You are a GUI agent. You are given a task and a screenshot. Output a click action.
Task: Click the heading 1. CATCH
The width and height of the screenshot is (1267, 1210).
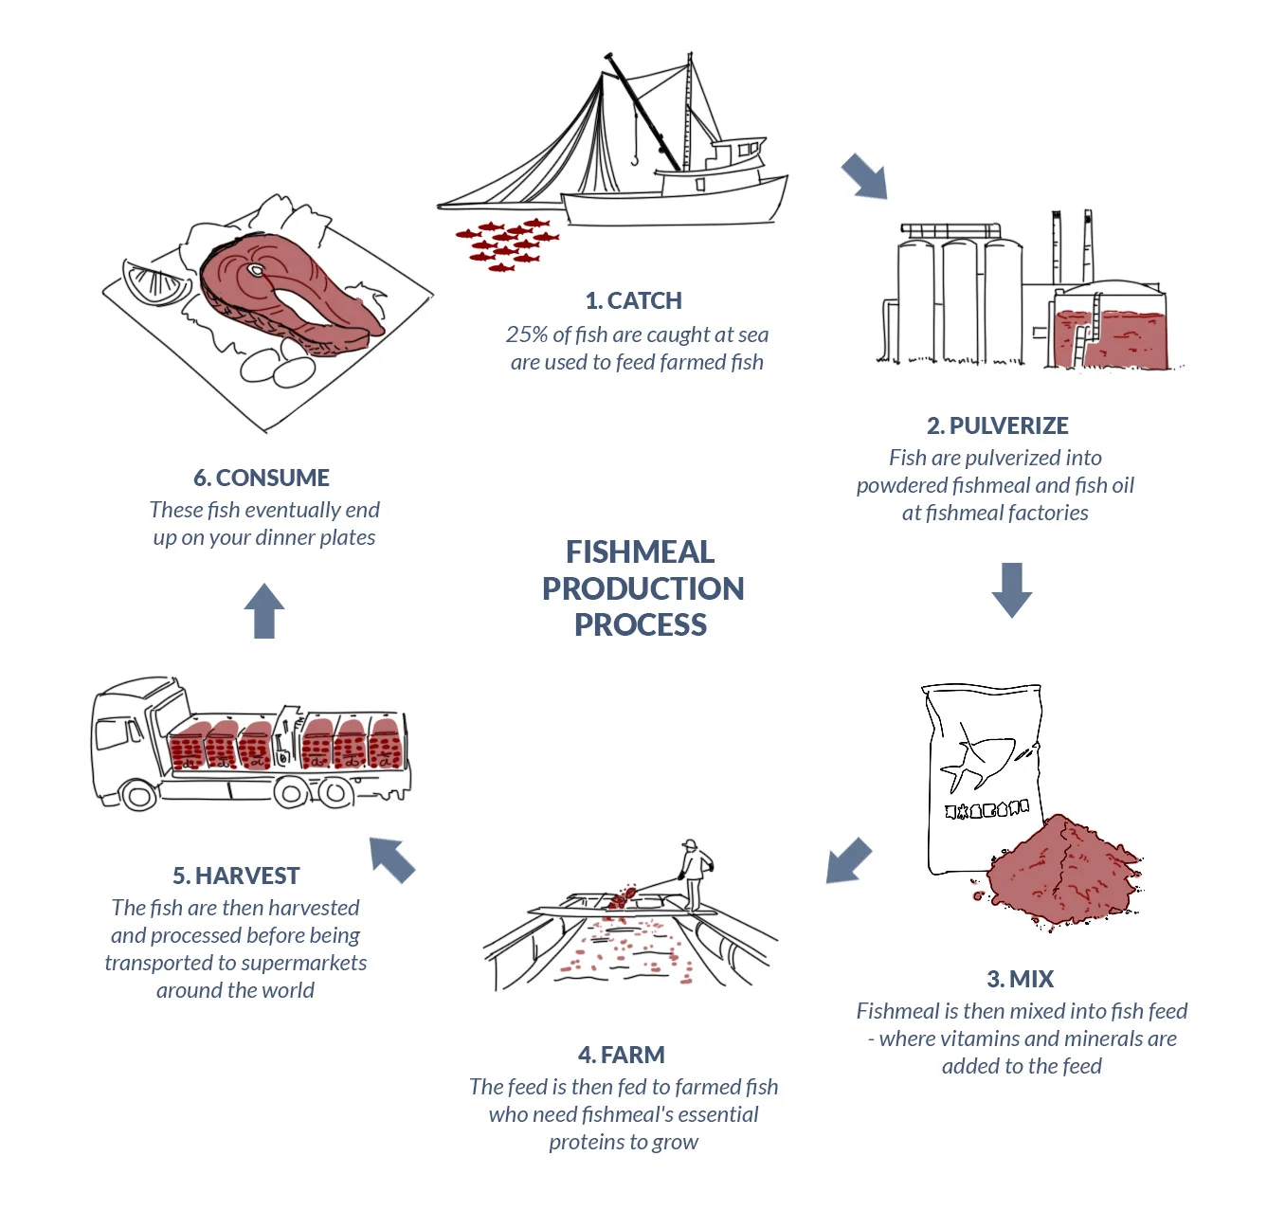tap(633, 300)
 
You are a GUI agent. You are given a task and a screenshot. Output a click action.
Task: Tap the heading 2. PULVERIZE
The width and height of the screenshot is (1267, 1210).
tap(997, 425)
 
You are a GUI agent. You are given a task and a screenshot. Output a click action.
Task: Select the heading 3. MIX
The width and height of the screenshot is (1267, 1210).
tap(1020, 979)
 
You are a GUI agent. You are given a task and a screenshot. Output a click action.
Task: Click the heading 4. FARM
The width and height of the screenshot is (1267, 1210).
tap(621, 1055)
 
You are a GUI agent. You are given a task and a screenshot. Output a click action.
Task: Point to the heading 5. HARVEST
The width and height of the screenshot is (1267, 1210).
tap(236, 876)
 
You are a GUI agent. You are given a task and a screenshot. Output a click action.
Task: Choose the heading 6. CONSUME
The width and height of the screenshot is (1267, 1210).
tap(262, 478)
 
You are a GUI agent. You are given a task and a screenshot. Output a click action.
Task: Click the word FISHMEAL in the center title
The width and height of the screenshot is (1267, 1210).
tap(640, 551)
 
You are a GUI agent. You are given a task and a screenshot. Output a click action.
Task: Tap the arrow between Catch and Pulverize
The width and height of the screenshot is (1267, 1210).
tap(864, 176)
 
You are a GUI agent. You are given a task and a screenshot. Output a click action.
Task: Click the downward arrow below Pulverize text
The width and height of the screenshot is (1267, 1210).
tap(1011, 589)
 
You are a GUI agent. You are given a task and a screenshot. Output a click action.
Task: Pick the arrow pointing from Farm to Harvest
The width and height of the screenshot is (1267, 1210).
tap(392, 859)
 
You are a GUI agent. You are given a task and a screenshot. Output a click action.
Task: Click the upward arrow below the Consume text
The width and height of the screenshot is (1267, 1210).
tap(264, 610)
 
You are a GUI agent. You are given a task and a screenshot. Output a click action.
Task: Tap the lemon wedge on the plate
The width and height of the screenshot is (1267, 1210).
tap(154, 282)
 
